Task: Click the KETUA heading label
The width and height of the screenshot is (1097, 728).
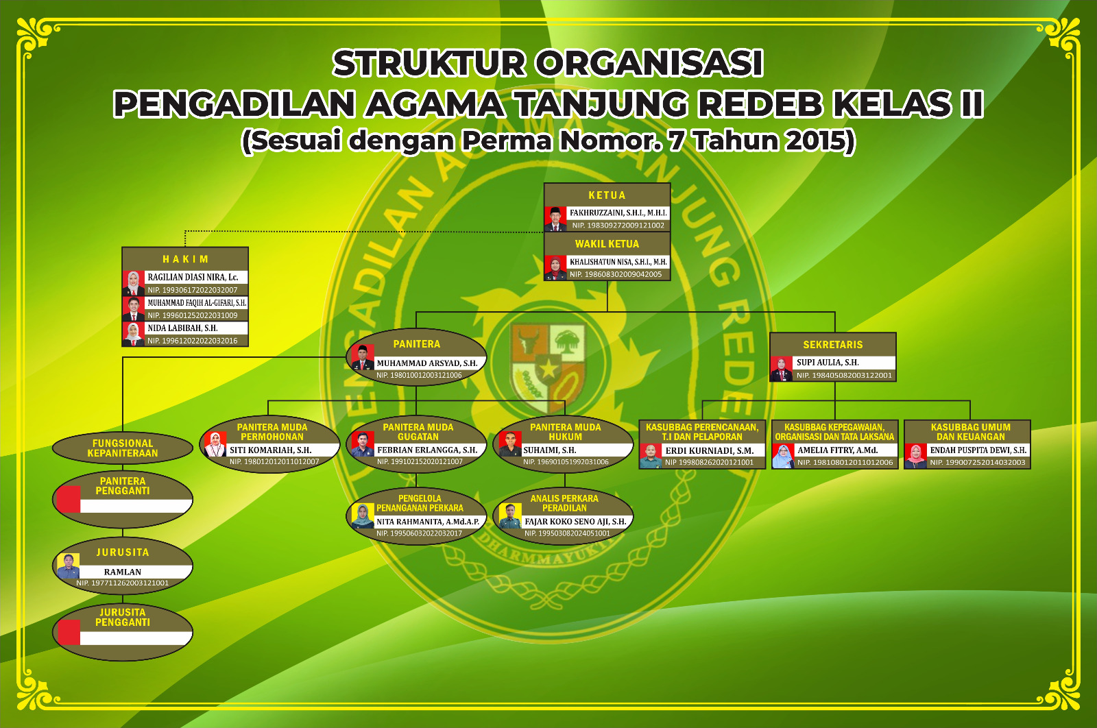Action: [607, 195]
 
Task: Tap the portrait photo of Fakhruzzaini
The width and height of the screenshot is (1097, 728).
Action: [555, 218]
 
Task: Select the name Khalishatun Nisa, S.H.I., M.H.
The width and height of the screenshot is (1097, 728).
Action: [618, 262]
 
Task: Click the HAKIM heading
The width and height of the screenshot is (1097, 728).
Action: [185, 259]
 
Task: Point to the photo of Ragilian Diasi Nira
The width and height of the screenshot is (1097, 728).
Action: [134, 283]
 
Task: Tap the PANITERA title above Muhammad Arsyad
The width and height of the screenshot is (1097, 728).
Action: [417, 344]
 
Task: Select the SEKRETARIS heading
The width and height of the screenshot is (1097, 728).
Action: [833, 345]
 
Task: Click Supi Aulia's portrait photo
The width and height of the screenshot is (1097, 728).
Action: [781, 368]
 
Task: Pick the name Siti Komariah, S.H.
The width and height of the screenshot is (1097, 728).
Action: [270, 450]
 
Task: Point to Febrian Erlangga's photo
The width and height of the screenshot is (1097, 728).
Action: [363, 444]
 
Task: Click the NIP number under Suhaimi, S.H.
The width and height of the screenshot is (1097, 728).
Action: [566, 462]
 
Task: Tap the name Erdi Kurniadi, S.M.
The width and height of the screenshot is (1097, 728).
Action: [709, 451]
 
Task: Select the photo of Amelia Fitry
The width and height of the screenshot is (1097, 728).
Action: [783, 456]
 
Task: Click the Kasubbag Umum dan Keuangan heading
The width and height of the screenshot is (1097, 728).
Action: [970, 432]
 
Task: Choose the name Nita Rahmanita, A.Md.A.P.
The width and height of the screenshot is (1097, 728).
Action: [428, 522]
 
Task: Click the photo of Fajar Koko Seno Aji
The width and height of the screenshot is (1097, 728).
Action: [510, 516]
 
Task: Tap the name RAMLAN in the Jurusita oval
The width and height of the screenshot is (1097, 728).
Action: [123, 572]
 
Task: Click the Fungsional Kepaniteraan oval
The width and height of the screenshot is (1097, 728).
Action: [123, 448]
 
